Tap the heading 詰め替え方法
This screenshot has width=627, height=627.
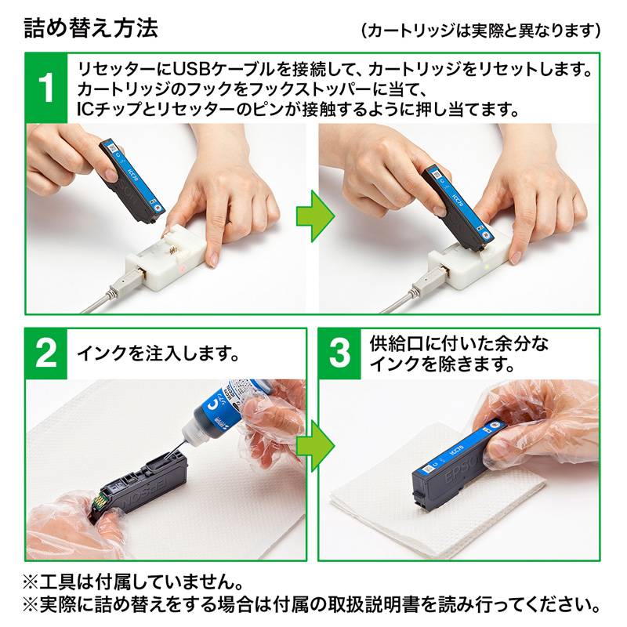(91, 28)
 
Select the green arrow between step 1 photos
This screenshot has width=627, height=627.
(312, 222)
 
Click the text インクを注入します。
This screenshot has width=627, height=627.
(157, 353)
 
